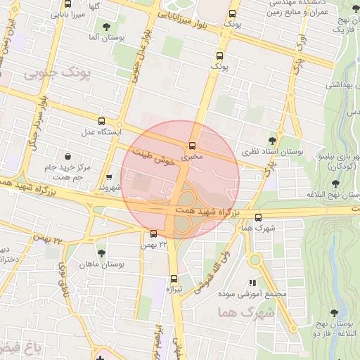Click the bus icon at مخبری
coord(193,146)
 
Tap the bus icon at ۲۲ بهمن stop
coord(154,233)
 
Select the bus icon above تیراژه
coord(174,278)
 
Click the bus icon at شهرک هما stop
coord(259,217)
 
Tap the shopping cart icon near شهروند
coord(109,177)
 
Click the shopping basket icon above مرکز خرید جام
coord(67,155)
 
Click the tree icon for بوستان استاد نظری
coord(273,140)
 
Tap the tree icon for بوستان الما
coord(106,27)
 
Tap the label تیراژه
coord(174,289)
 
